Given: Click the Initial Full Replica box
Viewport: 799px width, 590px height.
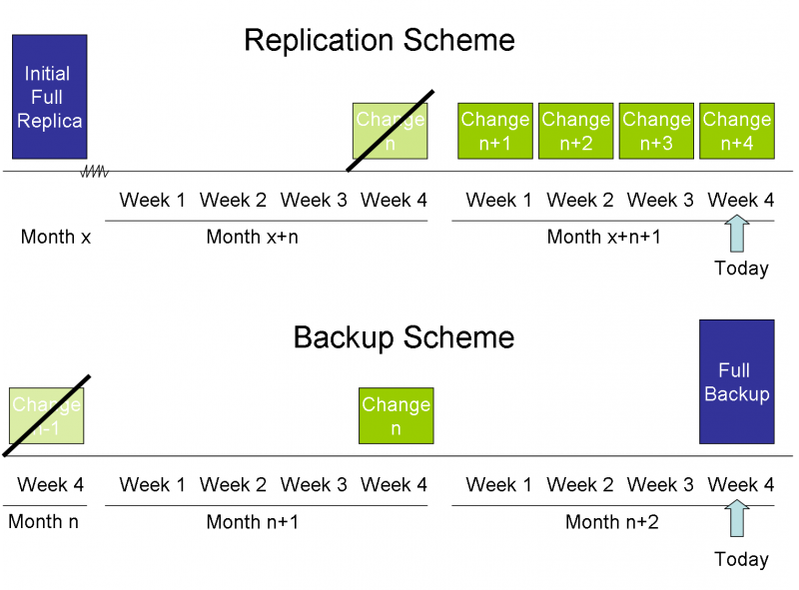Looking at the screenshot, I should click(x=49, y=97).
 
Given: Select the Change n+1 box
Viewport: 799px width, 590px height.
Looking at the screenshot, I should click(x=495, y=131).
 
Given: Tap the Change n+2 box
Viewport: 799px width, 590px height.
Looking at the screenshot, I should click(x=576, y=131).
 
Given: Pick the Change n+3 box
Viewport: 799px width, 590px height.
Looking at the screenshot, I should click(x=656, y=131).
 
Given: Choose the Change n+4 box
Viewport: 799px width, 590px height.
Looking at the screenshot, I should click(x=737, y=131).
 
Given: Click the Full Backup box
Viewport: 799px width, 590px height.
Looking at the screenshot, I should click(x=736, y=381).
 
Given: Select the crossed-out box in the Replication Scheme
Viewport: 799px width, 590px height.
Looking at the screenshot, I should click(x=391, y=131).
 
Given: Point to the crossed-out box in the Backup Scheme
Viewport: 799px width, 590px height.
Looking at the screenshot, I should click(x=46, y=415).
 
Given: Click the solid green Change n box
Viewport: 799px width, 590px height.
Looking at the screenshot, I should click(x=397, y=415).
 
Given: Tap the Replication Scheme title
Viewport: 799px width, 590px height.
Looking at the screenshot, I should click(x=380, y=41).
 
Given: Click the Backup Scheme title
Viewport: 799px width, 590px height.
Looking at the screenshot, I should click(x=403, y=337).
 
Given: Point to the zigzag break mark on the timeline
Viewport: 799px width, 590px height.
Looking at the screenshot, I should click(x=95, y=172).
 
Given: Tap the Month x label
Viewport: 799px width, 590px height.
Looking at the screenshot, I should click(x=56, y=238).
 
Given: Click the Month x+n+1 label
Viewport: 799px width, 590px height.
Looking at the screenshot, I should click(x=603, y=238).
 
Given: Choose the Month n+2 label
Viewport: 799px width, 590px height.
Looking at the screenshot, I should click(x=612, y=522).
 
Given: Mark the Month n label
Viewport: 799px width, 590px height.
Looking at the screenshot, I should click(x=43, y=522).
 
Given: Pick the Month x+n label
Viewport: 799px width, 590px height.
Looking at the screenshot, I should click(x=252, y=238).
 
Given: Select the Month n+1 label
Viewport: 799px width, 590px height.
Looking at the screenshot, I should click(x=252, y=522).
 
